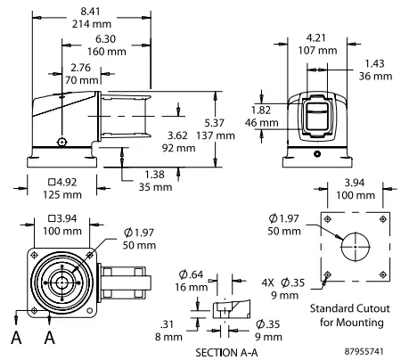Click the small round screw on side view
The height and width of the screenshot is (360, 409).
tap(60, 142)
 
